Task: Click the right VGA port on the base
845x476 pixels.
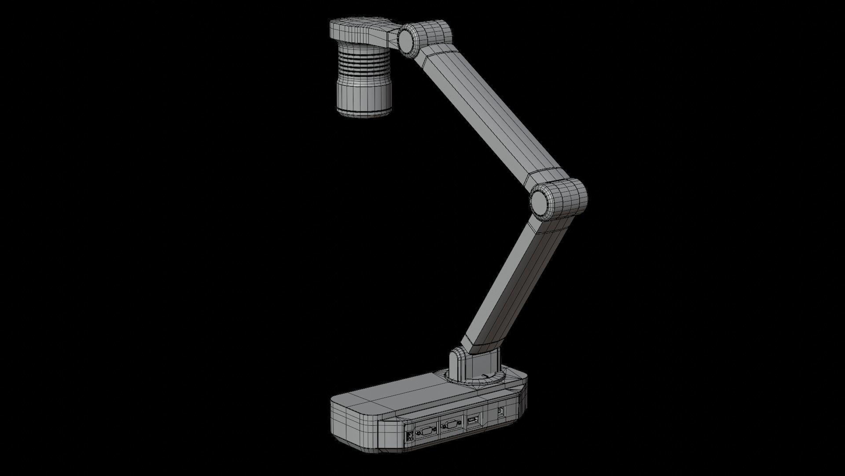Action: [450, 428]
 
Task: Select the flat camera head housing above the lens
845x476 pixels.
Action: [356, 30]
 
